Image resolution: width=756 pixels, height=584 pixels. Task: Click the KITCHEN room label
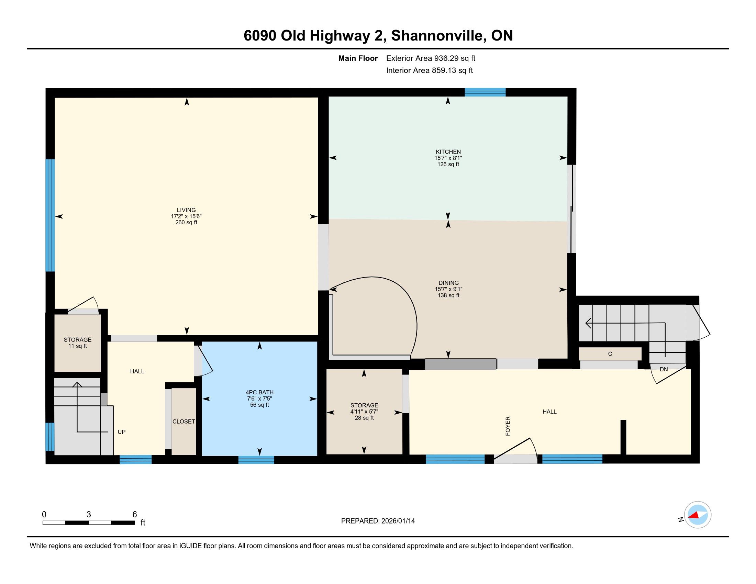[x=448, y=152]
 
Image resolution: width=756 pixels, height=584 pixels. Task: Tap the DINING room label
[x=448, y=283]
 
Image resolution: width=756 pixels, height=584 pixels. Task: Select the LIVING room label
[x=186, y=210]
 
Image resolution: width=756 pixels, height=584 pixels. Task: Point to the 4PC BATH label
[x=259, y=392]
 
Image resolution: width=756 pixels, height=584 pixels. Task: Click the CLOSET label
[x=184, y=422]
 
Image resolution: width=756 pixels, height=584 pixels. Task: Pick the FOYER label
[x=508, y=426]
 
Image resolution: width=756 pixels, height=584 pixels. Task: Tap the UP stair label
[x=122, y=432]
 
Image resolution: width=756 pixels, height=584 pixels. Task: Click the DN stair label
[x=664, y=370]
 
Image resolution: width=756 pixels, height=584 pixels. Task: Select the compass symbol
[x=698, y=515]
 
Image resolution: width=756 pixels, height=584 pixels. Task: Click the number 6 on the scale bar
[x=135, y=515]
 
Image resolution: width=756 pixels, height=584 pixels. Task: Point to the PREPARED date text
[x=378, y=521]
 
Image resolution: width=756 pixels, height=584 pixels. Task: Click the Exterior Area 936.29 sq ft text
[x=431, y=58]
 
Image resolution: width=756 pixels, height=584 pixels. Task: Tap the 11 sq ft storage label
[x=78, y=346]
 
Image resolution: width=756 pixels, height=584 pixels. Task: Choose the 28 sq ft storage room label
[x=364, y=418]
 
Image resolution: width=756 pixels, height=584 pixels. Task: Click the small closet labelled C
[x=610, y=354]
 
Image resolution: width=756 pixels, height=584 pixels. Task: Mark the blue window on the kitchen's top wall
[x=485, y=92]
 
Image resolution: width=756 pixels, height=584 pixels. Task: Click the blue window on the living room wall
[x=51, y=215]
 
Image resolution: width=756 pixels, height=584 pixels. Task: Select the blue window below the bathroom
[x=256, y=460]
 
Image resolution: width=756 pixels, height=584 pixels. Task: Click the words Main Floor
[x=358, y=58]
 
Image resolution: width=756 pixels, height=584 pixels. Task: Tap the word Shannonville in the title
[x=437, y=36]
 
